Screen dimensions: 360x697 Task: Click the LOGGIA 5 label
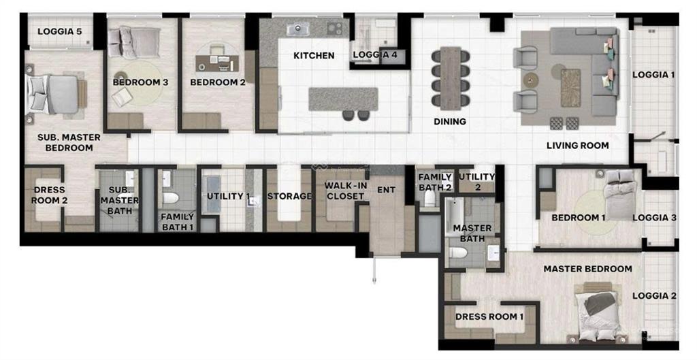coord(59,31)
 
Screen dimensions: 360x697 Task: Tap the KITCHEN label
coord(314,55)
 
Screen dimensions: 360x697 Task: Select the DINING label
coord(450,122)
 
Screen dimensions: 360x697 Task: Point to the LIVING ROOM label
coord(577,145)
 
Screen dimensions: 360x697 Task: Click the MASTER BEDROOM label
coord(587,269)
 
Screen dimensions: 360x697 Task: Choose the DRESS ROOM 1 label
coord(489,316)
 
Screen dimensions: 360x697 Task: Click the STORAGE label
coord(289,197)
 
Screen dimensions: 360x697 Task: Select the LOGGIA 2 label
coord(654,296)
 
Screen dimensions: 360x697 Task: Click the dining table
coord(450,77)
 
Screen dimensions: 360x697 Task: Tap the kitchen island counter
coord(343,99)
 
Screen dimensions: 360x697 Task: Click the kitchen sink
coord(297,29)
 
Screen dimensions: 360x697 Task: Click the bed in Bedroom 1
coord(619,195)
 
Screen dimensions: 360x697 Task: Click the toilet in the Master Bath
coord(458,253)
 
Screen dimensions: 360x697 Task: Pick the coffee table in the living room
coord(570,87)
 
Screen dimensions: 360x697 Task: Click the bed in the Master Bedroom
coord(597,314)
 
